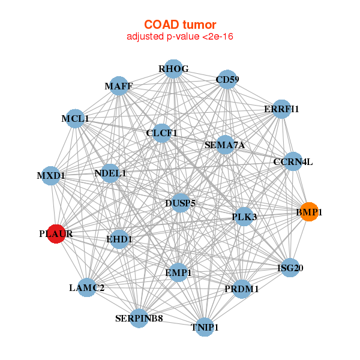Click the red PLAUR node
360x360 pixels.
pos(56,234)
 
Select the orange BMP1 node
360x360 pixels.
pos(310,212)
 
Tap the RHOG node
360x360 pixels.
pos(173,69)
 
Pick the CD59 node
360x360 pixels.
pos(227,79)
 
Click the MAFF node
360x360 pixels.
pos(119,86)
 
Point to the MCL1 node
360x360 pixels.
pos(75,119)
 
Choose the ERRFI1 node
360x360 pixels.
pos(282,109)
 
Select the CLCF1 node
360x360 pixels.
pos(161,133)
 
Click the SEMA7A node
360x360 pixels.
pos(225,145)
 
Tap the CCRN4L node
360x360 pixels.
pos(293,161)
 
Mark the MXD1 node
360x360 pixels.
pos(51,176)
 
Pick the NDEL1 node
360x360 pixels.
pos(110,173)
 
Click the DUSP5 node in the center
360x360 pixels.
pos(181,203)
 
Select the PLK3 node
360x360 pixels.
pos(244,217)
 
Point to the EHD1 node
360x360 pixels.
pos(119,239)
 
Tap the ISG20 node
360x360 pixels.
pos(290,268)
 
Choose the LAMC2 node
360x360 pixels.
pos(87,287)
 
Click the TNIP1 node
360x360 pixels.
pos(205,327)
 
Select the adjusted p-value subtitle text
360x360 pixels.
pos(180,37)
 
